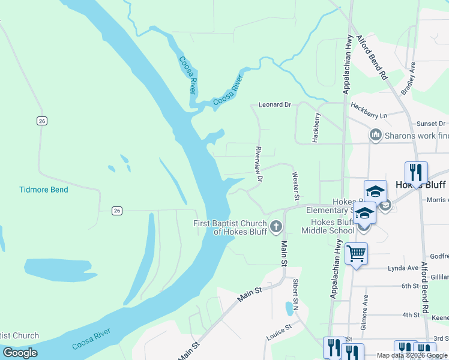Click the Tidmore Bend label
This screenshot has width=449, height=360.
(44, 190)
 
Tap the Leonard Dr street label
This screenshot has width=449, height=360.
(274, 104)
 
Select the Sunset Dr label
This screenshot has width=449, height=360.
(433, 124)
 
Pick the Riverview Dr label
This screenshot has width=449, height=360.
(259, 164)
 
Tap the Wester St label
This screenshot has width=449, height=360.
(295, 185)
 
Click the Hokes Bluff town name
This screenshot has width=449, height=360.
(420, 185)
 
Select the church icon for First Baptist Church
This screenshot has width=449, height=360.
(276, 226)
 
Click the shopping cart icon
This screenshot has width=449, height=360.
(357, 254)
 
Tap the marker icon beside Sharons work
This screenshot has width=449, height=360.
(376, 135)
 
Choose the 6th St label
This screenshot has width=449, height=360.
(410, 286)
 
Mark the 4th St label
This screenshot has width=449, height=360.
(411, 314)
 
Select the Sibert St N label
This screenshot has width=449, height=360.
(296, 294)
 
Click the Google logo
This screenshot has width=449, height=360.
(20, 353)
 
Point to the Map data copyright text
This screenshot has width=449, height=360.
(411, 355)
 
